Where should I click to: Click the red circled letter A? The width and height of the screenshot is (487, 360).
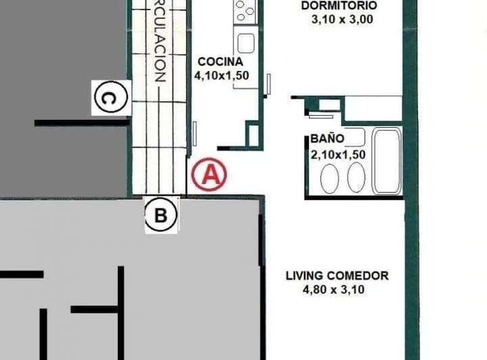tap(209, 175)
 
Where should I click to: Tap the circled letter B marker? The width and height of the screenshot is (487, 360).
tap(161, 216)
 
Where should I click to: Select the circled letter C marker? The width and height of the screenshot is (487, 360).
tap(110, 99)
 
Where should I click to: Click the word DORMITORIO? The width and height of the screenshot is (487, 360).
tap(339, 6)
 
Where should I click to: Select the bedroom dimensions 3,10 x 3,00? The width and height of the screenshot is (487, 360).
tap(342, 20)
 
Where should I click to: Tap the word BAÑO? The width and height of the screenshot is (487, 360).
tap(327, 139)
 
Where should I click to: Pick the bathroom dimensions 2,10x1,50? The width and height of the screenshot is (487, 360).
tap(338, 154)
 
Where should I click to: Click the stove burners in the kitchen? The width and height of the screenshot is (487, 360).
tap(245, 11)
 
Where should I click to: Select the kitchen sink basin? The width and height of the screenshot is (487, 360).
tap(246, 43)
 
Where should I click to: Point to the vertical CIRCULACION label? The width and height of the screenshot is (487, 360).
tap(160, 41)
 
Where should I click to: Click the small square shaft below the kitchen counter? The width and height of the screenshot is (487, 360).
tap(253, 134)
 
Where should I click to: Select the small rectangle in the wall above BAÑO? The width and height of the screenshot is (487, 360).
tap(329, 104)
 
